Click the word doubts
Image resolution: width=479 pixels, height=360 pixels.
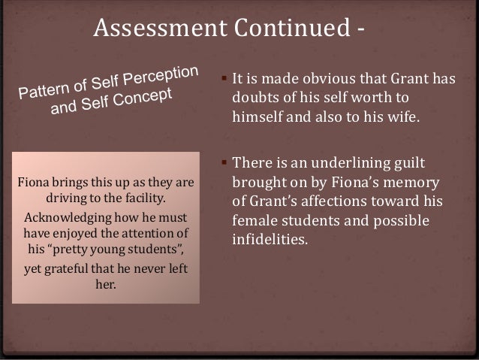(x=254, y=98)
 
